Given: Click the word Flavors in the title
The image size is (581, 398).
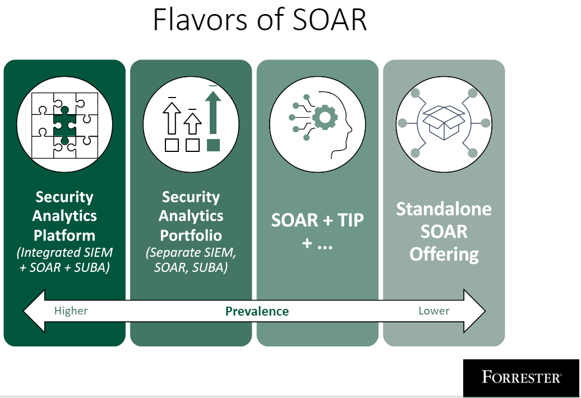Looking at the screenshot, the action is (x=200, y=19).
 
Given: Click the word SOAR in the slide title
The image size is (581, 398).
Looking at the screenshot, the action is (x=329, y=19).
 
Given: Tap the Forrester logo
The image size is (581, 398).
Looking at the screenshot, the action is (x=521, y=378).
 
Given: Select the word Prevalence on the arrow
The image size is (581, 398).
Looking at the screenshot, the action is (x=257, y=311).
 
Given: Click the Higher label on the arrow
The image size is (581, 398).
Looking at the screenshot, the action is (x=71, y=311).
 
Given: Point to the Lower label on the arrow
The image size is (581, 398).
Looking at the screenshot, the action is (x=434, y=311).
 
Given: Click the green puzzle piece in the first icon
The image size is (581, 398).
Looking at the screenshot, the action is (x=65, y=125).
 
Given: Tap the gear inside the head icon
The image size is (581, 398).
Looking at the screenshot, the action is (x=325, y=117).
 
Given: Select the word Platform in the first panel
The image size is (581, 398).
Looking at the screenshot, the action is (x=64, y=235).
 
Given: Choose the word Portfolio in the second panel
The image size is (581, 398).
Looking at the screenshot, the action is (x=191, y=235).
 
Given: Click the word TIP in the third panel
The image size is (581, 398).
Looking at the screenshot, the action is (x=351, y=220).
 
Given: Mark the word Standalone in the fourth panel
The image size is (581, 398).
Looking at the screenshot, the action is (x=444, y=209).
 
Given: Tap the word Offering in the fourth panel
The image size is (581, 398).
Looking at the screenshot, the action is (x=444, y=254).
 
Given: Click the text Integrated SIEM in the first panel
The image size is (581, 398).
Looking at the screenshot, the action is (x=66, y=252).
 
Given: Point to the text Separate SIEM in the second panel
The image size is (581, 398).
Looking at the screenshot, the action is (x=192, y=252).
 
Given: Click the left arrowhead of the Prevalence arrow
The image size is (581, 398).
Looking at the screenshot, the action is (x=34, y=311).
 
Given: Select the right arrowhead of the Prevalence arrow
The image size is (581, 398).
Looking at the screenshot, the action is (x=474, y=311).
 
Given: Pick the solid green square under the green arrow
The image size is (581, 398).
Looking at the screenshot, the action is (x=213, y=145).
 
